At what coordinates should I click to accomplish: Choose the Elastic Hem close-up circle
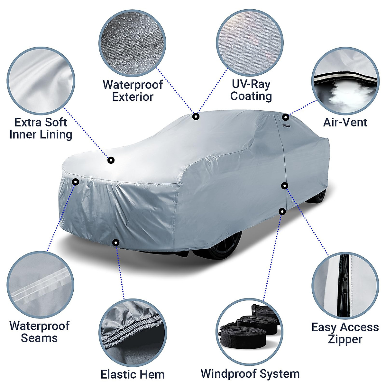pos(133,332)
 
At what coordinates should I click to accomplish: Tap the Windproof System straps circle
pos(250,332)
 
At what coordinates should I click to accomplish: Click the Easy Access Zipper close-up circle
pos(345,286)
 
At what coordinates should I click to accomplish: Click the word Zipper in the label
pos(345,339)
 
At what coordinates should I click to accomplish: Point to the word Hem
pos(150,374)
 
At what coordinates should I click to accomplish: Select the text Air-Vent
pos(345,123)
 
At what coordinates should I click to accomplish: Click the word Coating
pos(251,96)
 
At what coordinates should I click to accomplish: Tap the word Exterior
pos(133,97)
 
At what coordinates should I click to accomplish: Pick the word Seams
pos(39,338)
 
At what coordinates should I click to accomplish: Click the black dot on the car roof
pos(196,116)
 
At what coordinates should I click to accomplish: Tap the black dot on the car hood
pos(111,160)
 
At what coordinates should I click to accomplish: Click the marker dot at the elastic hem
pos(116,243)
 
